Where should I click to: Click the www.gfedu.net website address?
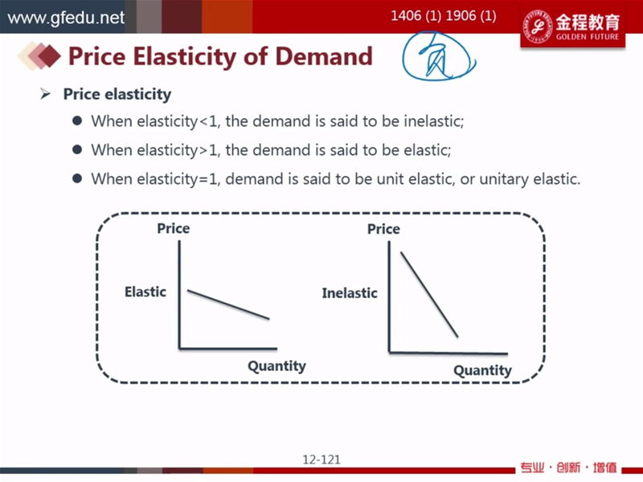pyautogui.click(x=66, y=18)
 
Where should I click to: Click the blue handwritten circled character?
pyautogui.click(x=438, y=56)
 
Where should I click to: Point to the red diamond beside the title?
pyautogui.click(x=48, y=55)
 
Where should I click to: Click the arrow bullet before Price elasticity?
pyautogui.click(x=46, y=94)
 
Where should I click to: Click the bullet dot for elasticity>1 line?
pyautogui.click(x=77, y=149)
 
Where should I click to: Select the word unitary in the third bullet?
pyautogui.click(x=504, y=179)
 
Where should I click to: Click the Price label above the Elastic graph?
pyautogui.click(x=174, y=228)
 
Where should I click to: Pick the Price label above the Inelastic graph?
pyautogui.click(x=383, y=229)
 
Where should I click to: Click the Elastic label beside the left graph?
pyautogui.click(x=145, y=292)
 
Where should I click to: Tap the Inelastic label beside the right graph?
pyautogui.click(x=350, y=293)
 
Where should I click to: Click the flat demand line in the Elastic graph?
pyautogui.click(x=228, y=304)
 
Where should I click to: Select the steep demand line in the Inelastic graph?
pyautogui.click(x=429, y=295)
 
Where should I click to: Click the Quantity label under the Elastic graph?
pyautogui.click(x=276, y=366)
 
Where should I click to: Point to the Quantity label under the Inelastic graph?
pyautogui.click(x=483, y=370)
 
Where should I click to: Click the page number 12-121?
pyautogui.click(x=321, y=460)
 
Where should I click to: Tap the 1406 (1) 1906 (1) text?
pyautogui.click(x=444, y=16)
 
